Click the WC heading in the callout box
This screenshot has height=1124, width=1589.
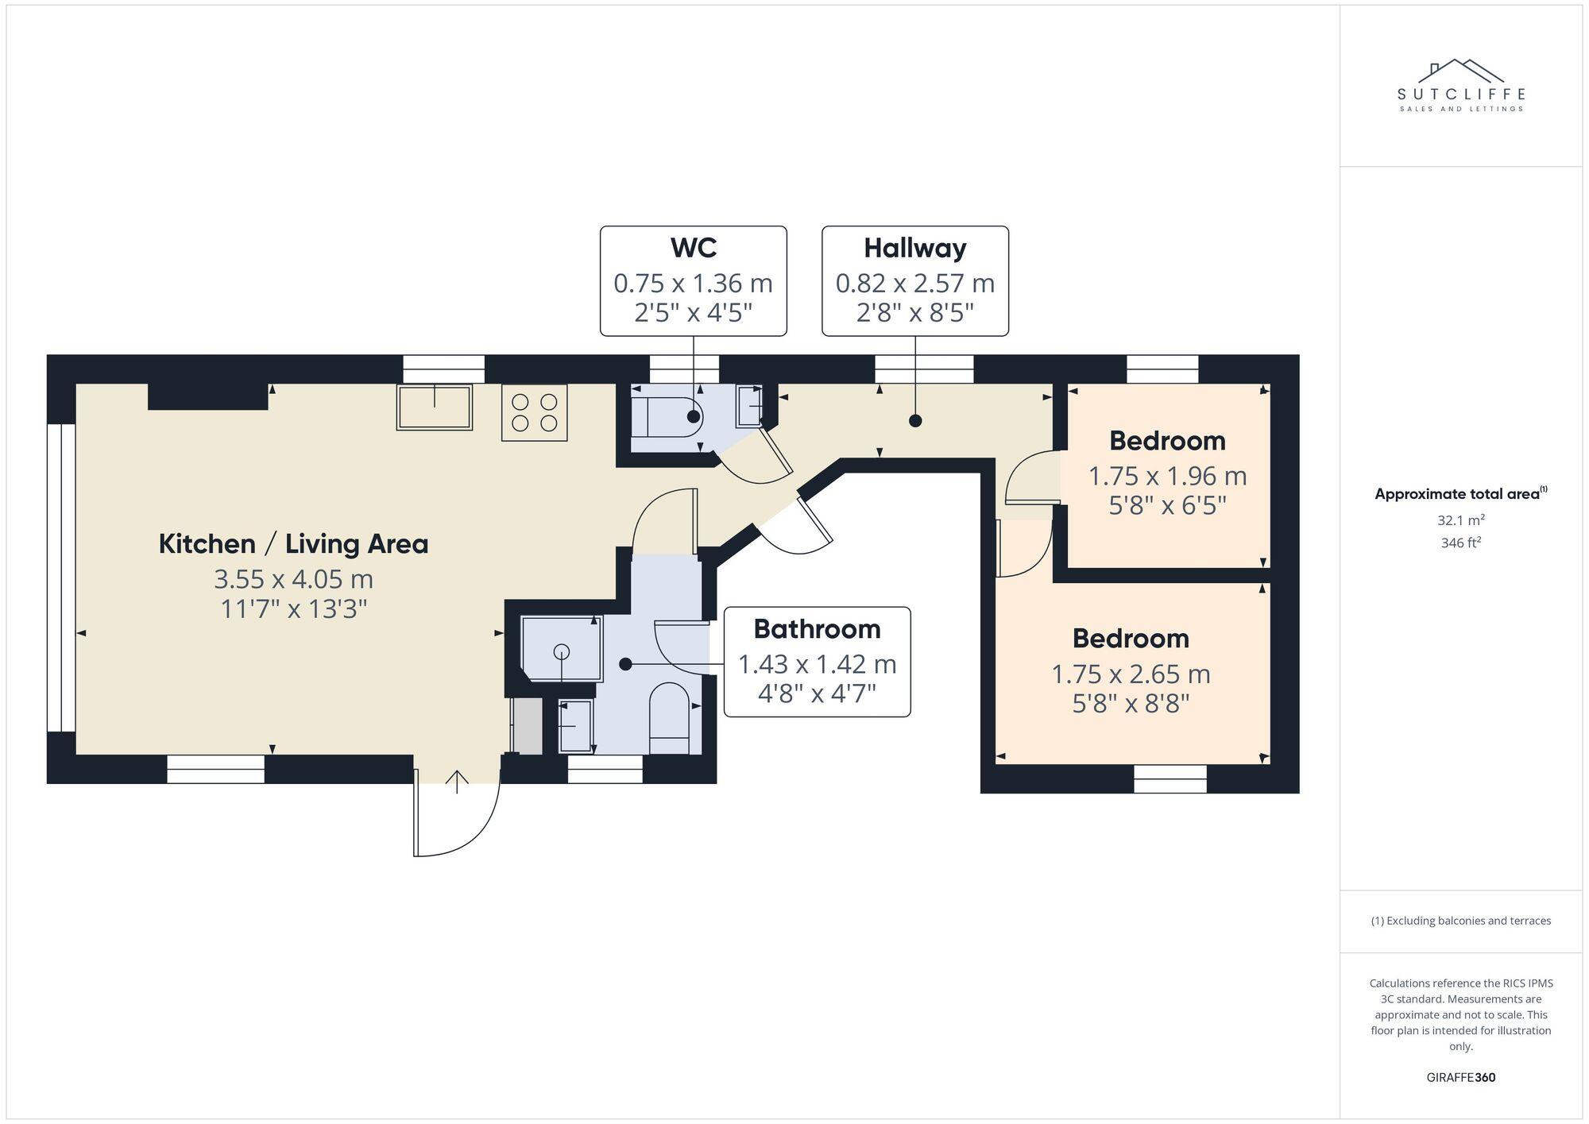(x=693, y=248)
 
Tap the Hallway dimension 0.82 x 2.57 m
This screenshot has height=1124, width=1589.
(x=914, y=283)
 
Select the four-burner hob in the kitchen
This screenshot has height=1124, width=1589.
(x=534, y=412)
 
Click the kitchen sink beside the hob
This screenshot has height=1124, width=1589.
(x=435, y=407)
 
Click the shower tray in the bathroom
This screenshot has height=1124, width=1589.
(x=562, y=648)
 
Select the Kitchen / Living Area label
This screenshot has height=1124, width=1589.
(x=293, y=544)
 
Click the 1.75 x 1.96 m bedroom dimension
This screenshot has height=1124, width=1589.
(x=1166, y=476)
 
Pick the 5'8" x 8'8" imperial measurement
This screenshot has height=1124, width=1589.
(x=1130, y=704)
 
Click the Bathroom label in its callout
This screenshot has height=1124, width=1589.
(x=817, y=629)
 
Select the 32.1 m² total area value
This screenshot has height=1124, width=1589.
(x=1460, y=520)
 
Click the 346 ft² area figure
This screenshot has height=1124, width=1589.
(x=1460, y=543)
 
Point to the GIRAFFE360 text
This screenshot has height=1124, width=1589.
(x=1460, y=1078)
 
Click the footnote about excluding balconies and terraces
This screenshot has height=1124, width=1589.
(x=1460, y=921)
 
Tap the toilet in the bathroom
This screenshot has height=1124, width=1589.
(x=669, y=717)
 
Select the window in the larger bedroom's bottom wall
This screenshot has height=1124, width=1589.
(x=1170, y=778)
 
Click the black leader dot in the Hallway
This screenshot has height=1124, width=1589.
(x=915, y=421)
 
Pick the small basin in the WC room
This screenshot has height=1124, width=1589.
(x=750, y=405)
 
